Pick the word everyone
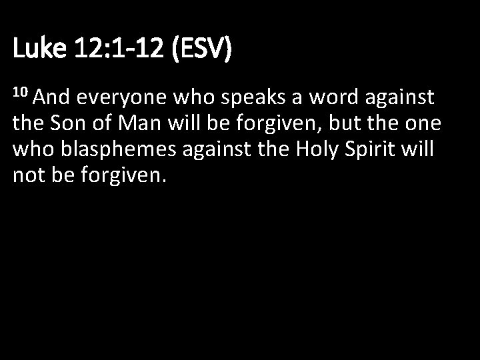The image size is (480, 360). pos(122,99)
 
